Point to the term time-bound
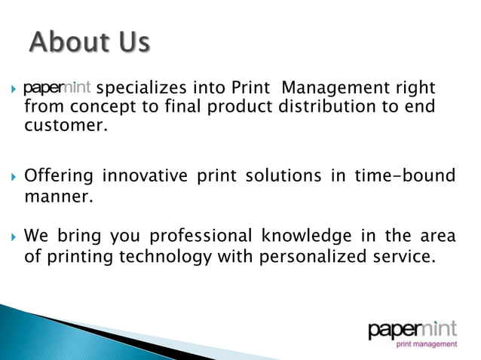click(x=407, y=176)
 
